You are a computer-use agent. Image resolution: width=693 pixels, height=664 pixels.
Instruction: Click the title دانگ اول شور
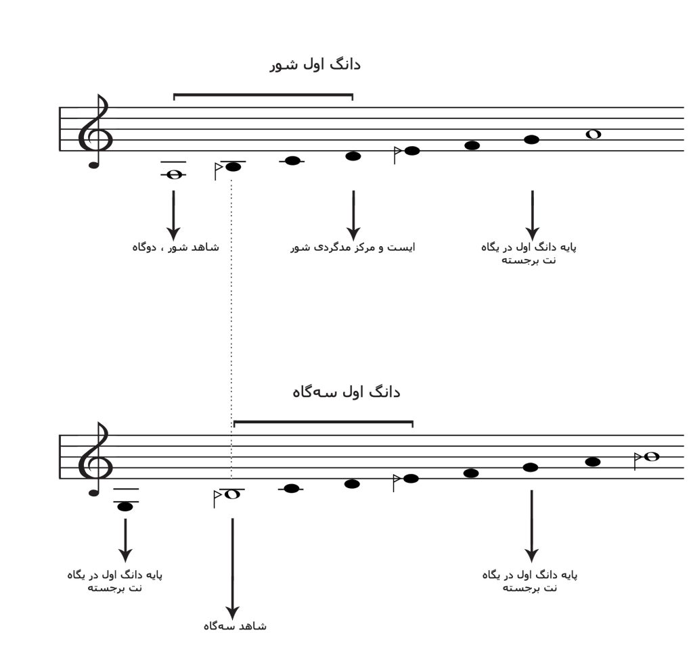315,65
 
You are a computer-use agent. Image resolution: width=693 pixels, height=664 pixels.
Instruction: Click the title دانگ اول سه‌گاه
346,392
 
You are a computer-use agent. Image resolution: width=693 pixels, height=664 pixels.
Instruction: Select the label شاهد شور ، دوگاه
175,247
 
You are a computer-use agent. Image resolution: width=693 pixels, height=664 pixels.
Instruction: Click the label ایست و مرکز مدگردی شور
353,247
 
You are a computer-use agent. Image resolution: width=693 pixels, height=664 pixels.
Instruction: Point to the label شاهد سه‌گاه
235,626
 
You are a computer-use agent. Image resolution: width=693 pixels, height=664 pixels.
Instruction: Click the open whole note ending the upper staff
593,134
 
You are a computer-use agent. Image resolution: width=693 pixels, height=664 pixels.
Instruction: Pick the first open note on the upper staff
174,175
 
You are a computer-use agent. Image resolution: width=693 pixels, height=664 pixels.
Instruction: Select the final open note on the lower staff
652,456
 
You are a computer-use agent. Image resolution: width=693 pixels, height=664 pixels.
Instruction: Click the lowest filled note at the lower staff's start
125,506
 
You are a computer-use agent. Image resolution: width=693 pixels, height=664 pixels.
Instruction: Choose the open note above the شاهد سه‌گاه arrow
233,494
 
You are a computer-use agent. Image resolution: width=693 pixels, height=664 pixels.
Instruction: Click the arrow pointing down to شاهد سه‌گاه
233,569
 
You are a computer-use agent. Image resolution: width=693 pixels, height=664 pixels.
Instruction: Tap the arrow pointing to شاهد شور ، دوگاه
173,216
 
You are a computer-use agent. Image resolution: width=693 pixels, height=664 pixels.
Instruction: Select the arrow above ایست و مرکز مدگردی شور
353,216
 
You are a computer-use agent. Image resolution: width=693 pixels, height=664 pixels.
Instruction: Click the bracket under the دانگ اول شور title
263,95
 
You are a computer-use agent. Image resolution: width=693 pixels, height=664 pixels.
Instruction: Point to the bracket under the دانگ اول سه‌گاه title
323,422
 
